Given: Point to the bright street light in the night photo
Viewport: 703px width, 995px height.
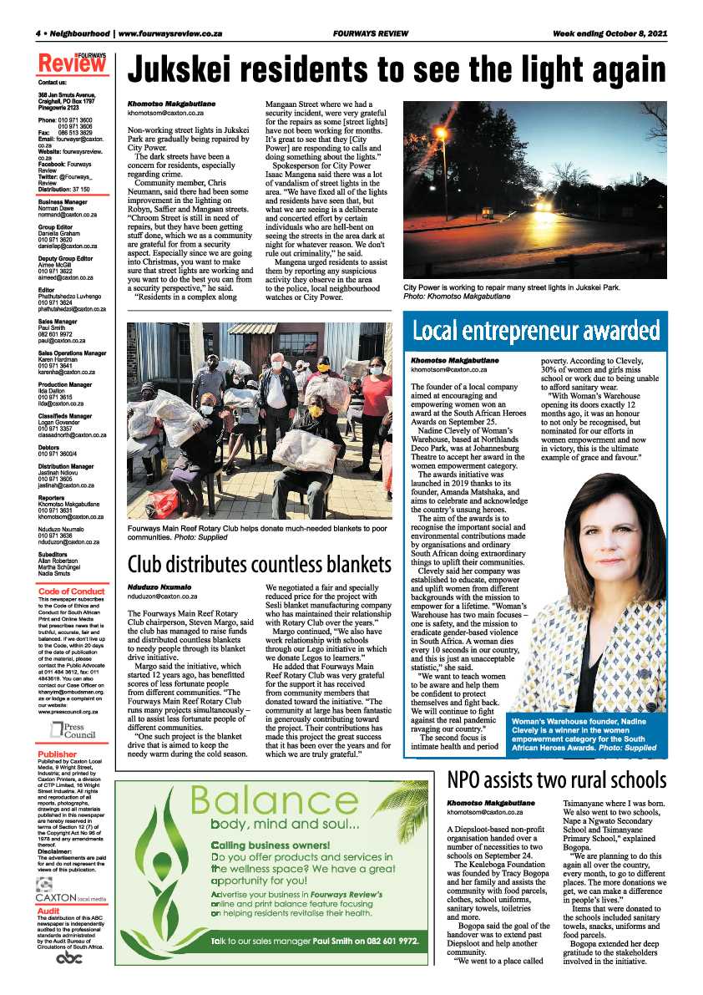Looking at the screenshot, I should (x=440, y=133).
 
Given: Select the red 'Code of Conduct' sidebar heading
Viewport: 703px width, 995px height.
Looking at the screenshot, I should (x=72, y=591).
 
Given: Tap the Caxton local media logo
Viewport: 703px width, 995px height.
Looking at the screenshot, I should (x=72, y=896).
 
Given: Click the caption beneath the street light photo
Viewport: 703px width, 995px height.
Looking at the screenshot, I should (x=521, y=291).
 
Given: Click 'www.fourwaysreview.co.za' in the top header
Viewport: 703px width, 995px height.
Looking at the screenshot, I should (x=170, y=34).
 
